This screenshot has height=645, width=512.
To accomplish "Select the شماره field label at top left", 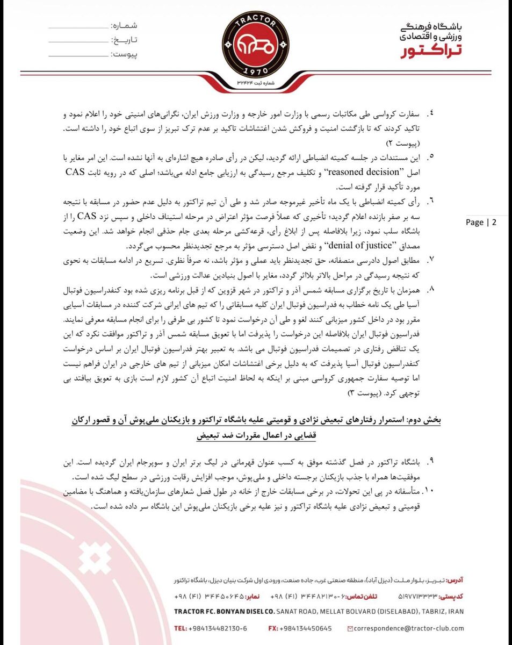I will pos(124,25).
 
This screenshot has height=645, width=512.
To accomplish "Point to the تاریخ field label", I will pos(125,40).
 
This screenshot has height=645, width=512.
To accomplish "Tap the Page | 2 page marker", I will pos(481,222).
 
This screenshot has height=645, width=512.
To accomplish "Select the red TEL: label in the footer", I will pos(181,628).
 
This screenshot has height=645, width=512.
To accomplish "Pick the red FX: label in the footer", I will pos(272,628).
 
